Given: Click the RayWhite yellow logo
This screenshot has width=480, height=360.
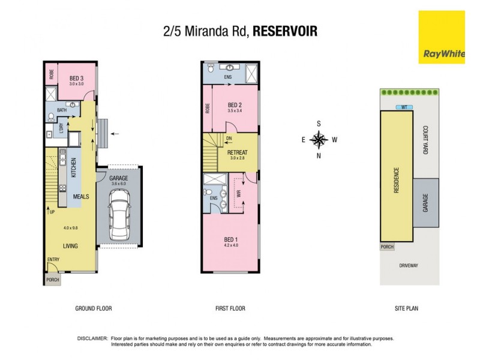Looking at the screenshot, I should pyautogui.click(x=442, y=37).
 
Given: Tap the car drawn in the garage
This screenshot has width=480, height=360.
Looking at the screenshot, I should pyautogui.click(x=119, y=214).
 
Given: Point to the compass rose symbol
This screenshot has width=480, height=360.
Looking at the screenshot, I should pyautogui.click(x=319, y=140).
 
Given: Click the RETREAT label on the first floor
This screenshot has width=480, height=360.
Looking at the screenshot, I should pyautogui.click(x=237, y=152).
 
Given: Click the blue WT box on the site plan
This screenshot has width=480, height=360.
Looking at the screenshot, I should pyautogui.click(x=404, y=107).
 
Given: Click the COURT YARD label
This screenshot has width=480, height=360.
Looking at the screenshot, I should pyautogui.click(x=425, y=140).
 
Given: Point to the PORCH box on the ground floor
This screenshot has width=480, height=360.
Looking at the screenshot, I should pyautogui.click(x=52, y=280).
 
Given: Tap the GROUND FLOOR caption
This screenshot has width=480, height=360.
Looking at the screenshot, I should pyautogui.click(x=93, y=308).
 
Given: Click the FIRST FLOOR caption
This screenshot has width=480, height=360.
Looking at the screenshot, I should pyautogui.click(x=230, y=308).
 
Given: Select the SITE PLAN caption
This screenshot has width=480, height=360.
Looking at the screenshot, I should pyautogui.click(x=406, y=308).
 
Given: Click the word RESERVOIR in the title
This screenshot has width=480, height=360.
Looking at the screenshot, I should pyautogui.click(x=285, y=31).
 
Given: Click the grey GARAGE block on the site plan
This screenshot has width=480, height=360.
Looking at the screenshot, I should pyautogui.click(x=425, y=203).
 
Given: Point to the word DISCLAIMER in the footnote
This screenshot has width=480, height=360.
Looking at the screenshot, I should pyautogui.click(x=92, y=338).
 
